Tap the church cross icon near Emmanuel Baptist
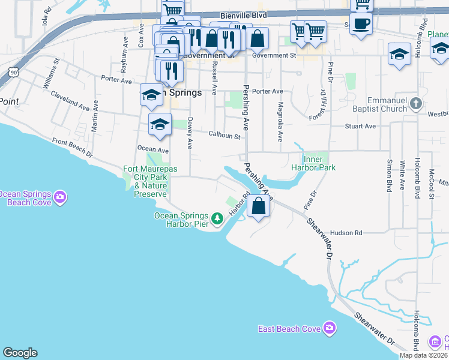[415, 105]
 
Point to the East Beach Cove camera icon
[329, 328]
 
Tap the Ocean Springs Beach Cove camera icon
[59, 197]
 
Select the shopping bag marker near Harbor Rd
[259, 206]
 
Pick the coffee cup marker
[361, 25]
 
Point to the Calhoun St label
[224, 136]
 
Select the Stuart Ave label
[360, 127]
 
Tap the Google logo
[20, 353]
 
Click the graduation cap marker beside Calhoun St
[160, 125]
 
